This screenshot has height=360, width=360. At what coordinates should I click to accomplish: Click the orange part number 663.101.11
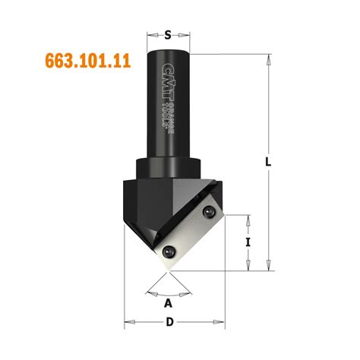pyautogui.click(x=83, y=62)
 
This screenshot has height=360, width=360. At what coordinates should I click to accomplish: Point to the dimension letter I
pyautogui.click(x=248, y=242)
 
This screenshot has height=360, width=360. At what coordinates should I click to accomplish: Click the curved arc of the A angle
pyautogui.click(x=169, y=292)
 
